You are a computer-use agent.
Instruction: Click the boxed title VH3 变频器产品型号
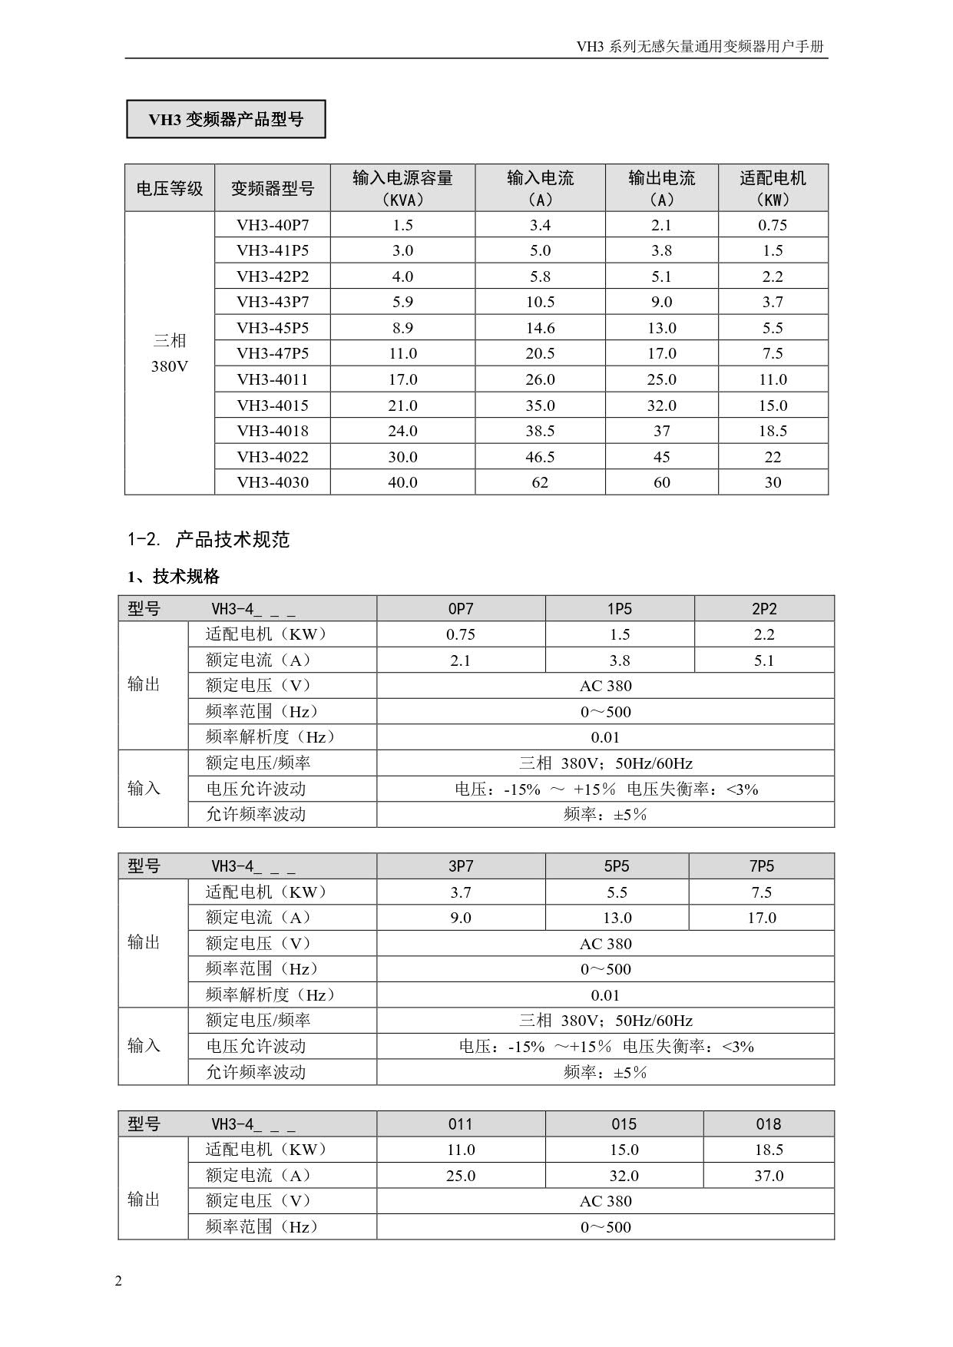click(226, 119)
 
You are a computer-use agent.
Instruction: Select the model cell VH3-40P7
click(273, 225)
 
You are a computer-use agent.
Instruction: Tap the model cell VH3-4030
click(273, 482)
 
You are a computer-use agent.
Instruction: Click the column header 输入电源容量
click(402, 187)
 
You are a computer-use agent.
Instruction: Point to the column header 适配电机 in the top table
click(773, 187)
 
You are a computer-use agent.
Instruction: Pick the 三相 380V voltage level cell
click(170, 353)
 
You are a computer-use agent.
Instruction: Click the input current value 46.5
click(540, 457)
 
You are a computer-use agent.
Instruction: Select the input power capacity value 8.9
click(402, 328)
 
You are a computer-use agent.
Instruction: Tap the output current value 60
click(661, 482)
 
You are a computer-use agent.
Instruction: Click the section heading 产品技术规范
click(232, 540)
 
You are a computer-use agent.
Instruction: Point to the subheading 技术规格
click(186, 576)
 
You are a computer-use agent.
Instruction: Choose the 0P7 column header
click(461, 609)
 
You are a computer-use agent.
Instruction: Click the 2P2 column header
click(764, 609)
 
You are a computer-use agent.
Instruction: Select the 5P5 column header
click(617, 866)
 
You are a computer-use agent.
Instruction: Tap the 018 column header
click(768, 1124)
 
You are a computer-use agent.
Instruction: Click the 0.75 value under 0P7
click(461, 634)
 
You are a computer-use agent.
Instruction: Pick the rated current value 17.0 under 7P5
click(762, 918)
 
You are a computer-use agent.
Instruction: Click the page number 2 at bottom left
click(118, 1280)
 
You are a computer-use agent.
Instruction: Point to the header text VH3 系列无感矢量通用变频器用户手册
click(700, 47)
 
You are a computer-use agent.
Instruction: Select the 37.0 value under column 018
click(768, 1176)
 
